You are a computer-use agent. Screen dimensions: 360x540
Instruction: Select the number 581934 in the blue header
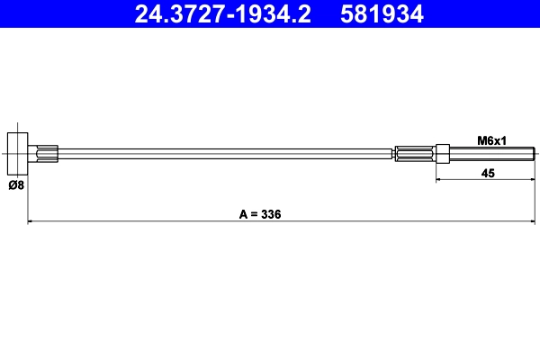pos(381,13)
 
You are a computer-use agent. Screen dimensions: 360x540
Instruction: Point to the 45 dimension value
pos(488,173)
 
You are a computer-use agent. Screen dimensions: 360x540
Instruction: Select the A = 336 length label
pos(260,214)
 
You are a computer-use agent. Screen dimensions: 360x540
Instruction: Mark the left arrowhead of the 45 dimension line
pos(439,181)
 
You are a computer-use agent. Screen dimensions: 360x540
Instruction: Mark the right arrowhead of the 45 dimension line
pos(534,181)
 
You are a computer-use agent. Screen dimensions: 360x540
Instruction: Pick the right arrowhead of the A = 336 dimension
pos(534,221)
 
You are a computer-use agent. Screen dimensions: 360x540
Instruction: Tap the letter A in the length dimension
pos(243,214)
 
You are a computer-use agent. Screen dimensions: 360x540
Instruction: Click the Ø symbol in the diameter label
pos(11,186)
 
